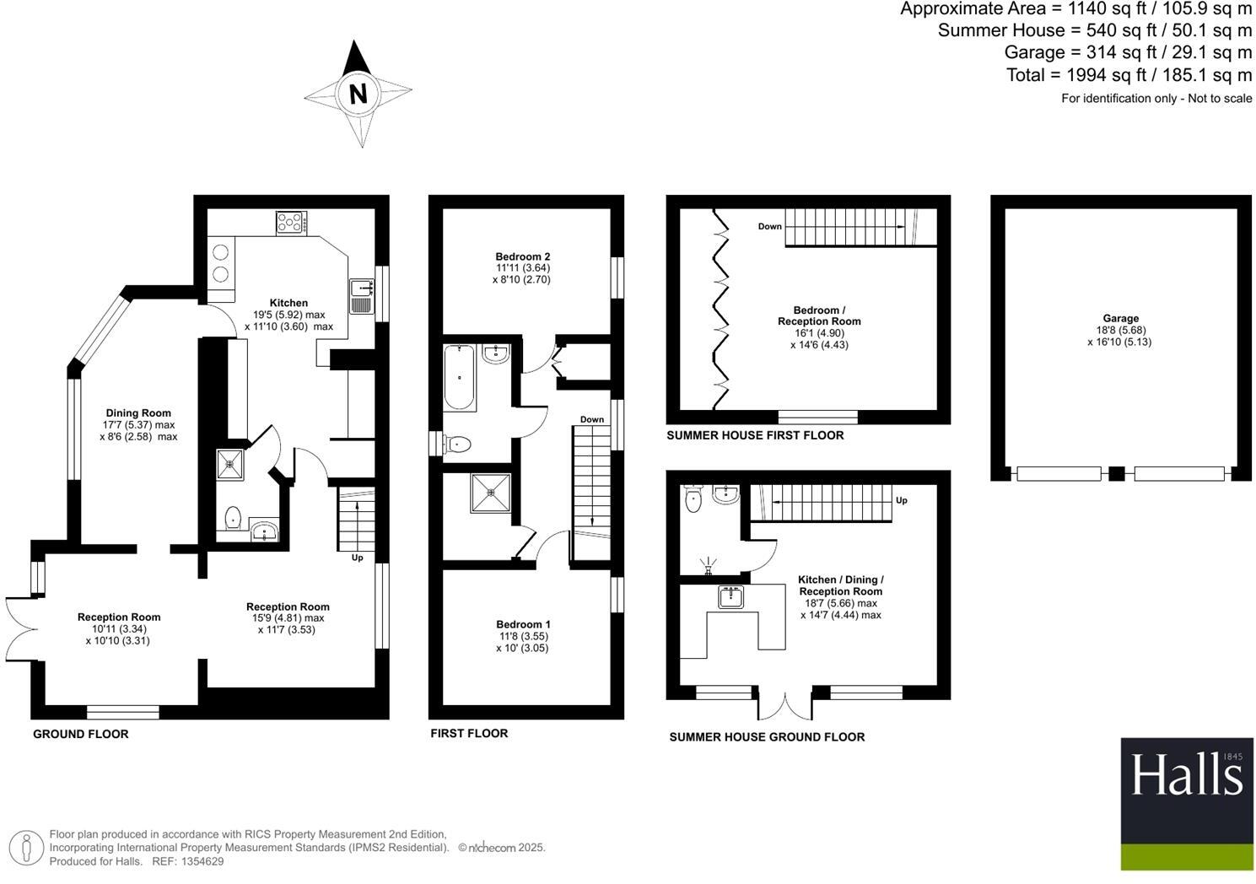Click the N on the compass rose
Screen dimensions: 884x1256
(358, 93)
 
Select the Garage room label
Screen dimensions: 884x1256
(1120, 319)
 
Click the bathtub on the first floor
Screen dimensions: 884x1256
(461, 377)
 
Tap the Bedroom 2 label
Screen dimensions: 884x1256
(523, 256)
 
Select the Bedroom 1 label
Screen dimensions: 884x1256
(523, 625)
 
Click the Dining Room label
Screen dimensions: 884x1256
(138, 413)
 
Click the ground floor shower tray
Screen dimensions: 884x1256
(229, 464)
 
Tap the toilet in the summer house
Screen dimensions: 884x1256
(694, 499)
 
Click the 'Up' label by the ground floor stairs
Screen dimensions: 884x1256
(358, 558)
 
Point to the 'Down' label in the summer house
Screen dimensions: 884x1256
(769, 226)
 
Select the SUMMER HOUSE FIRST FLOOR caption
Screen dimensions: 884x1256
(755, 435)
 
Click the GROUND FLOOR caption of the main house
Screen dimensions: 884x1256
(81, 734)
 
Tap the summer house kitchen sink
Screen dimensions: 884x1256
(730, 597)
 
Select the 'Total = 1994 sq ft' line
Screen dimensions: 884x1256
(1129, 75)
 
